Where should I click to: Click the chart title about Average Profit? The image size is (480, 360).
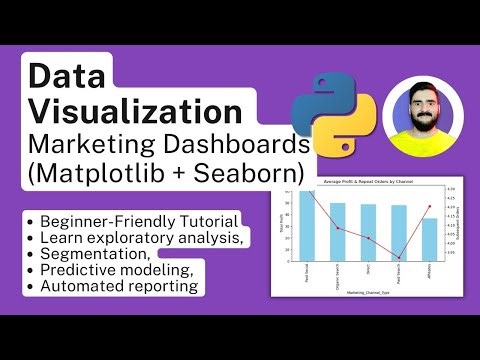pos(368,181)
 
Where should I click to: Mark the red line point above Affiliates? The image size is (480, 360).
pos(429,207)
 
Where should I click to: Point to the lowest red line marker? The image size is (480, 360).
pos(399,257)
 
